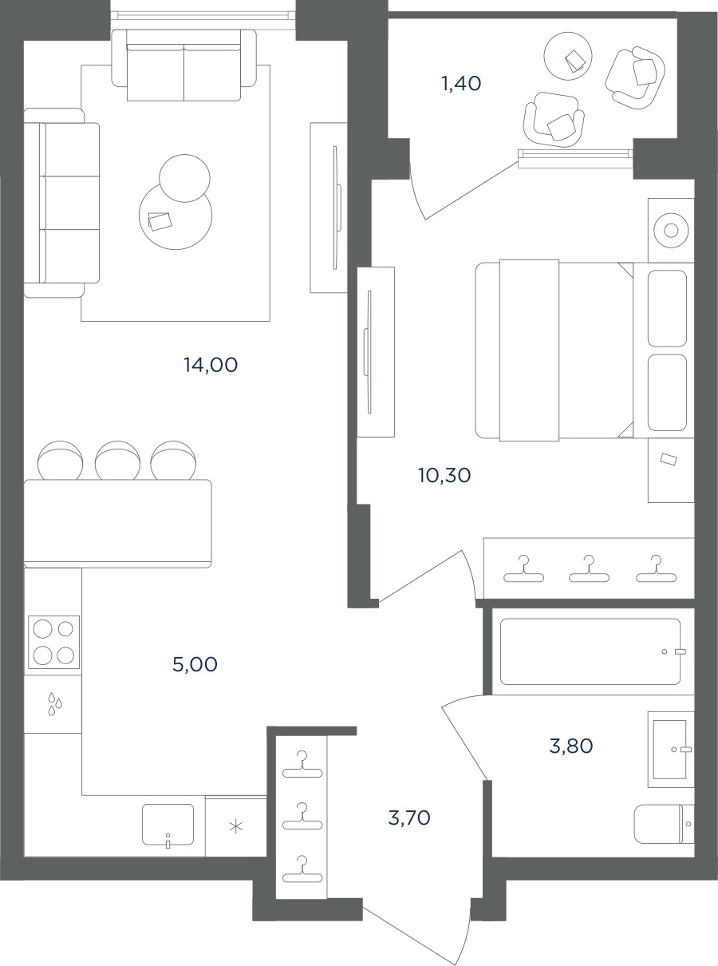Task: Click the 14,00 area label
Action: click(211, 365)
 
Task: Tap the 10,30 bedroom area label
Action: click(444, 475)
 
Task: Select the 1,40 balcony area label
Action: click(462, 83)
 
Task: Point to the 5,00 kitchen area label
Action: click(195, 664)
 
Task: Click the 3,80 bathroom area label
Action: click(571, 746)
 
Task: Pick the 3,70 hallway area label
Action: click(409, 818)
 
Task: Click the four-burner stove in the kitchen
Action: click(53, 642)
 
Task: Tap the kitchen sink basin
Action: click(168, 824)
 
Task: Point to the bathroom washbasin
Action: click(671, 750)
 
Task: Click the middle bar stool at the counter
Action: click(117, 460)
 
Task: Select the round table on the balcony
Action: click(568, 56)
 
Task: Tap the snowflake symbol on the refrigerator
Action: click(236, 826)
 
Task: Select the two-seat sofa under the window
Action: click(183, 65)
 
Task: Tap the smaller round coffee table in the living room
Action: click(184, 178)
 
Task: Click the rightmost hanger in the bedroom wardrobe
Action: click(656, 568)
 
